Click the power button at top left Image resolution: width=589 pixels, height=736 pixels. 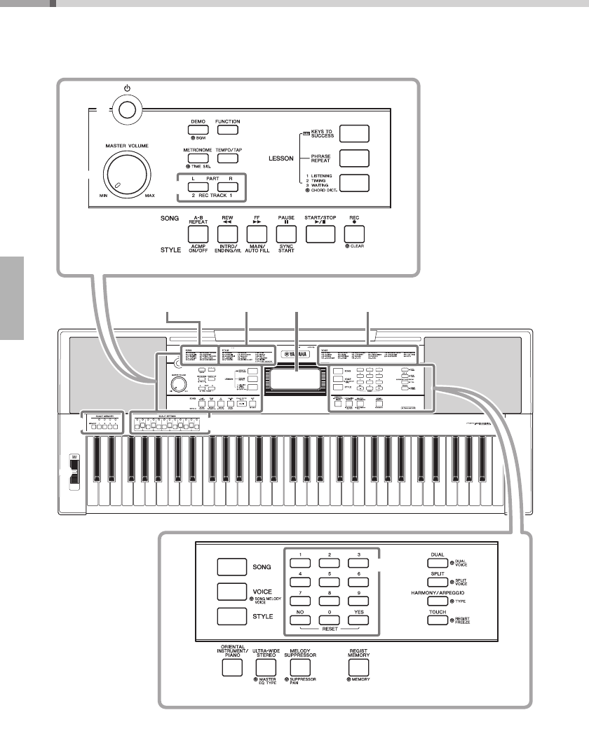click(x=128, y=109)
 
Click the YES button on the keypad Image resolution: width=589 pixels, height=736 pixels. click(x=359, y=620)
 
